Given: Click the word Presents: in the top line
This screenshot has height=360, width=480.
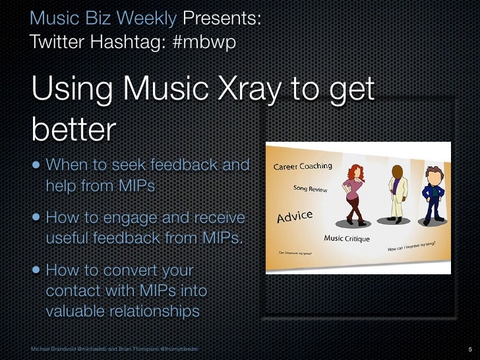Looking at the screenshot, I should pyautogui.click(x=222, y=18).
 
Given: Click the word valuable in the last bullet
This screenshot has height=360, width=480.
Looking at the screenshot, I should pyautogui.click(x=73, y=311).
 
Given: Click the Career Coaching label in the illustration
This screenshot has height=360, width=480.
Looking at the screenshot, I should pyautogui.click(x=303, y=166).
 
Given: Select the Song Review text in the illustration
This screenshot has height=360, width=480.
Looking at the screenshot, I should pyautogui.click(x=310, y=189).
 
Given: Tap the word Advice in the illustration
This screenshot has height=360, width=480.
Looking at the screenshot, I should pyautogui.click(x=294, y=217).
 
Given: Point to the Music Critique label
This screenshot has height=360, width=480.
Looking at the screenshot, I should pyautogui.click(x=347, y=238).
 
